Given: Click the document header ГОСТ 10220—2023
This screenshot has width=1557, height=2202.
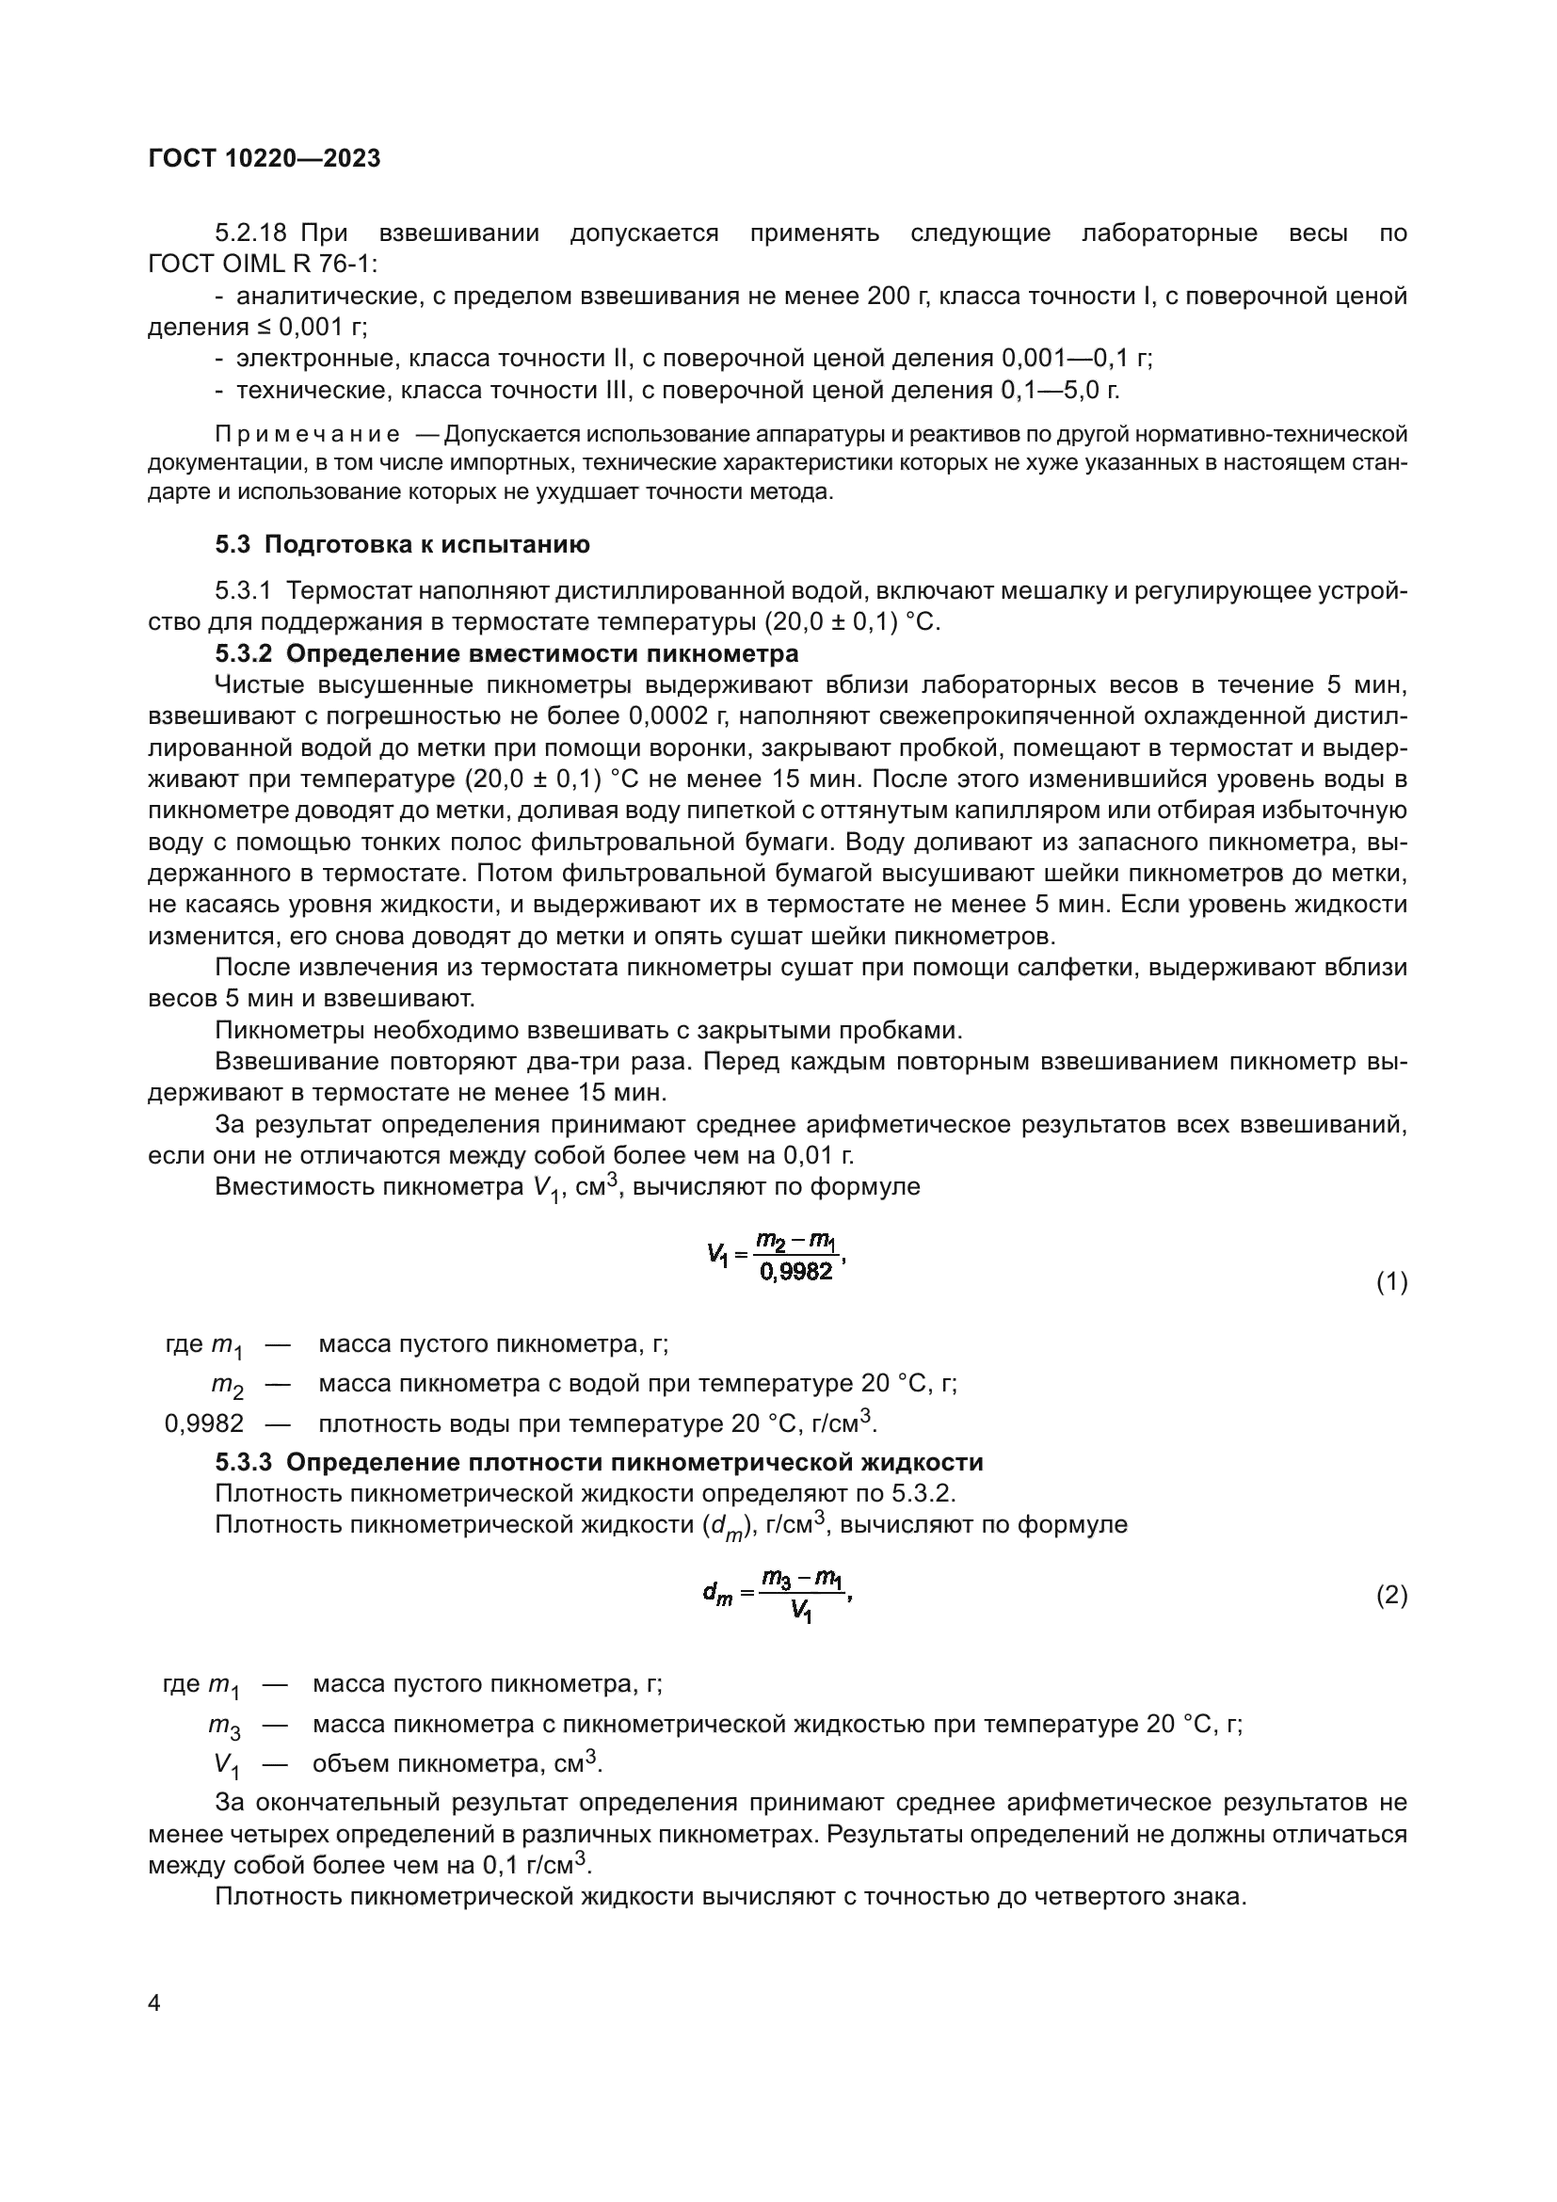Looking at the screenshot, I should click(265, 159).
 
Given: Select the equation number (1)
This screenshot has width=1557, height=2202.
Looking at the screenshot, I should click(1391, 1282).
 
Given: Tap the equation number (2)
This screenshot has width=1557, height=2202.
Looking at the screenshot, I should click(1391, 1596).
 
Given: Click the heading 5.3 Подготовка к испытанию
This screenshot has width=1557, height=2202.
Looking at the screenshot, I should click(402, 545).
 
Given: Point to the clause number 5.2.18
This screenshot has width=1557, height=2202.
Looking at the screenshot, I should click(251, 233).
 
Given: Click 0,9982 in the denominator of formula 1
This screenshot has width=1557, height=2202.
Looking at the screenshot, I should click(795, 1273).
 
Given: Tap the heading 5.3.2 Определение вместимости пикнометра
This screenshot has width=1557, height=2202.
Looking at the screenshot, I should click(506, 654).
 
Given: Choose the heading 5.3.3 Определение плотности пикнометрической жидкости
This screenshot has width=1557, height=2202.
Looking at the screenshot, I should click(600, 1463).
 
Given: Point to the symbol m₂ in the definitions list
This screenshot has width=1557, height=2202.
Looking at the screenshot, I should click(227, 1385).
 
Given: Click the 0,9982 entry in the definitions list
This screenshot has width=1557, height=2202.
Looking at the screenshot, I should click(204, 1423).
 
